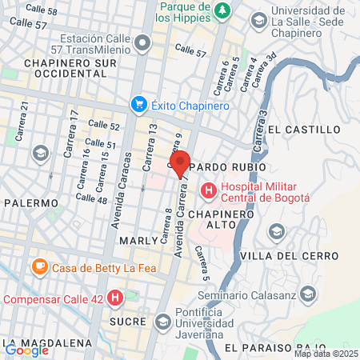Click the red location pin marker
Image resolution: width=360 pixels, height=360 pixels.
pos(180,162)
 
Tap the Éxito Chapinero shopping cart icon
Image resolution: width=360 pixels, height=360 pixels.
pos(139,105)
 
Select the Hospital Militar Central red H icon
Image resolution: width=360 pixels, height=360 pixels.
pos(209,190)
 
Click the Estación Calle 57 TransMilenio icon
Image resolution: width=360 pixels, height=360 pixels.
pos(142,42)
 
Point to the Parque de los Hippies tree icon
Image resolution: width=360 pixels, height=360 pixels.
pos(224,10)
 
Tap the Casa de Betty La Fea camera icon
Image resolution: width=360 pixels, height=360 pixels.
pos(38,267)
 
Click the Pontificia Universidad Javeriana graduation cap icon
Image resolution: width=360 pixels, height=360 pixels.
pos(163,322)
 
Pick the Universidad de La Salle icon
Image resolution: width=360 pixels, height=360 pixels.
pos(258,19)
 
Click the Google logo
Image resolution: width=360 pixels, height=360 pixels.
pos(26,350)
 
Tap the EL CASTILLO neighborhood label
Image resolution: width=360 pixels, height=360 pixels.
pos(304,129)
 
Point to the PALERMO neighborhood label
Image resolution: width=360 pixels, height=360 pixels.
pos(31,203)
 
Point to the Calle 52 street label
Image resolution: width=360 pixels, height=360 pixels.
pos(103,125)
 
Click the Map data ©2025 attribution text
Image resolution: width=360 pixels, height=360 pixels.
pos(326,354)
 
